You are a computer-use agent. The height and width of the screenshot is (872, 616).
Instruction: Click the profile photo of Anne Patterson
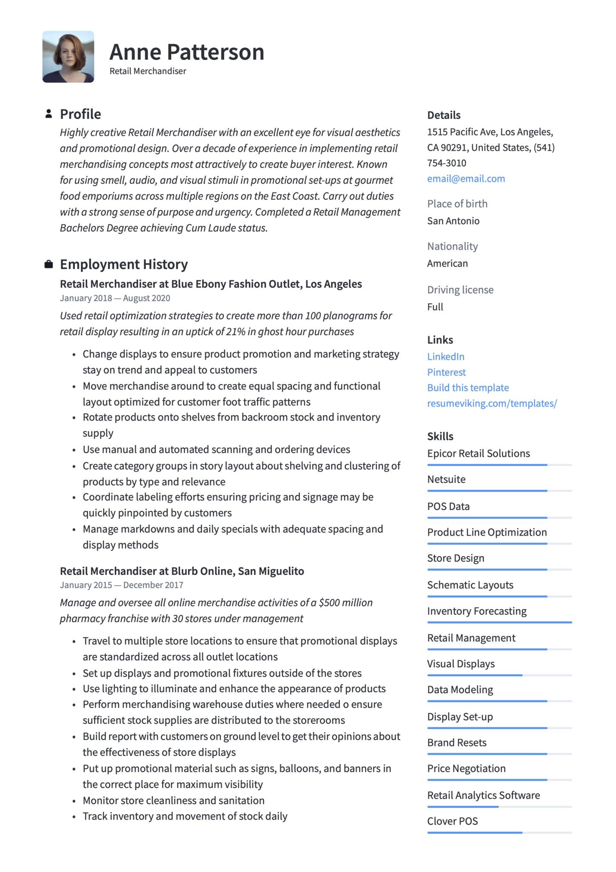[x=68, y=57]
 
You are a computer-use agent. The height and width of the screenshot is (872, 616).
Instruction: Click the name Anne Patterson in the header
[x=187, y=52]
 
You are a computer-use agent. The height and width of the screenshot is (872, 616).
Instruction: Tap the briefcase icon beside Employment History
[x=49, y=264]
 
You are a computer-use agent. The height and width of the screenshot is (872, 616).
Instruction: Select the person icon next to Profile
[x=49, y=114]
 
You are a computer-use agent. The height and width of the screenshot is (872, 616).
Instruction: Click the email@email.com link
[x=466, y=179]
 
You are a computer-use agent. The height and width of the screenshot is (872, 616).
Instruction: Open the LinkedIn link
[x=445, y=357]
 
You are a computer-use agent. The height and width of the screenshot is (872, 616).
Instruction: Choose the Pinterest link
[x=446, y=373]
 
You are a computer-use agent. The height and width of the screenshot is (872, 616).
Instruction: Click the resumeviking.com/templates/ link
[x=492, y=404]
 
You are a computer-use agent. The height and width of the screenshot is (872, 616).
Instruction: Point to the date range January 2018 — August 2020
[x=115, y=298]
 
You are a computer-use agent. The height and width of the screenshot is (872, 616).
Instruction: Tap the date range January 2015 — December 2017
[x=122, y=585]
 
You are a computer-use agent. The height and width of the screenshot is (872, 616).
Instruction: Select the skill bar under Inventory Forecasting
[x=499, y=622]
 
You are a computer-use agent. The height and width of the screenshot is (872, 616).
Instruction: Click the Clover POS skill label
[x=452, y=821]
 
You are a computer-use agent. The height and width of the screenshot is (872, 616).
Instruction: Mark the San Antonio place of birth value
[x=453, y=221]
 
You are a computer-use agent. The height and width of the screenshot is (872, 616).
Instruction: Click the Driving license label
[x=460, y=290]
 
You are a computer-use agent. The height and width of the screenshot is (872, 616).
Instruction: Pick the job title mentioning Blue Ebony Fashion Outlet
[x=211, y=284]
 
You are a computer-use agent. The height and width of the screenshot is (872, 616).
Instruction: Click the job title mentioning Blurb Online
[x=182, y=571]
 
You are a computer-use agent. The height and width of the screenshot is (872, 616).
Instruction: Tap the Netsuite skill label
[x=446, y=479]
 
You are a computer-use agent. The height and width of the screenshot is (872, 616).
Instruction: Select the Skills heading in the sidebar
[x=440, y=436]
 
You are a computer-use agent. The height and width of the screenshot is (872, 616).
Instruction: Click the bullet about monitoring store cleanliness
[x=174, y=801]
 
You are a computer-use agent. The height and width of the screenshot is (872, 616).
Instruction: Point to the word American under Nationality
[x=447, y=264]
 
